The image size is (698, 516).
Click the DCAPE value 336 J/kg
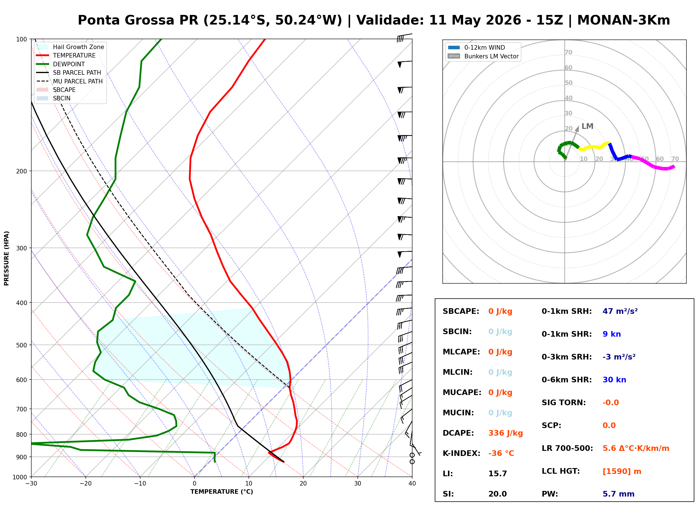(x=506, y=433)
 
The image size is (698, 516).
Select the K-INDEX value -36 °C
(x=501, y=453)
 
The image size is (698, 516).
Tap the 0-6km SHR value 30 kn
(x=614, y=380)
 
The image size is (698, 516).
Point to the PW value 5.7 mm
(x=618, y=494)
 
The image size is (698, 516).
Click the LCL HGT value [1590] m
(x=622, y=471)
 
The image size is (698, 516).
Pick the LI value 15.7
(x=497, y=474)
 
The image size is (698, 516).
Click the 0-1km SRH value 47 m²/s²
(x=620, y=311)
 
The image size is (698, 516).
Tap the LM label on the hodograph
(x=587, y=126)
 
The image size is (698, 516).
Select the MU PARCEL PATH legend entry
(x=70, y=81)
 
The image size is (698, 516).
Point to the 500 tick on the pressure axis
(x=21, y=345)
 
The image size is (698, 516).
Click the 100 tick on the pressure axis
(x=21, y=39)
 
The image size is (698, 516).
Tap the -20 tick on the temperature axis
(x=85, y=484)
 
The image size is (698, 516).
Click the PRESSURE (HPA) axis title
(x=6, y=258)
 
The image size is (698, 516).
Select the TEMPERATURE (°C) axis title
(x=221, y=492)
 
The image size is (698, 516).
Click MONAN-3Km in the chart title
(x=623, y=20)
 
